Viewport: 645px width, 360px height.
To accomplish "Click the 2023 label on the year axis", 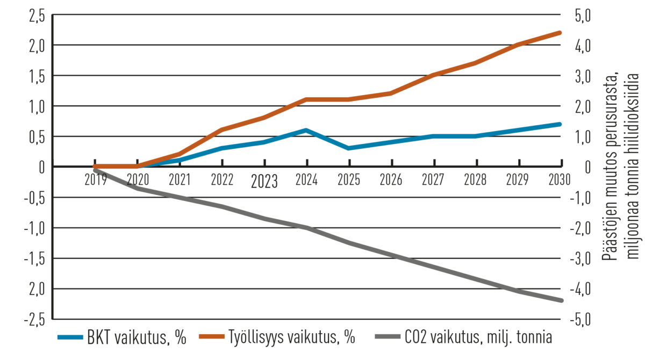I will click(x=264, y=182).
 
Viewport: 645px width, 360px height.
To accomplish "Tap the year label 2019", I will click(x=96, y=180).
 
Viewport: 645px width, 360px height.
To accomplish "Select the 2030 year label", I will click(x=559, y=180).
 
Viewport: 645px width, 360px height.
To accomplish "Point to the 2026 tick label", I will click(x=391, y=180).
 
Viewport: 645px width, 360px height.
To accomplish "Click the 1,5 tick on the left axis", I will click(x=37, y=76).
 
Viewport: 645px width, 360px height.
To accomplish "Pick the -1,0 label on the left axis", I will click(x=33, y=228).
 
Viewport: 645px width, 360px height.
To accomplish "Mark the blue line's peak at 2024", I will click(x=306, y=130).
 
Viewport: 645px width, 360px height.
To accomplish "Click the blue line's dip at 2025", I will click(x=349, y=148).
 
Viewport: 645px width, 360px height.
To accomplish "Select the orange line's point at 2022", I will click(x=221, y=129).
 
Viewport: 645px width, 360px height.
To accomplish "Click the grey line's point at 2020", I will click(x=138, y=188).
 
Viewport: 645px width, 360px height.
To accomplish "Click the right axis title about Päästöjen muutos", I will click(x=619, y=167).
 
